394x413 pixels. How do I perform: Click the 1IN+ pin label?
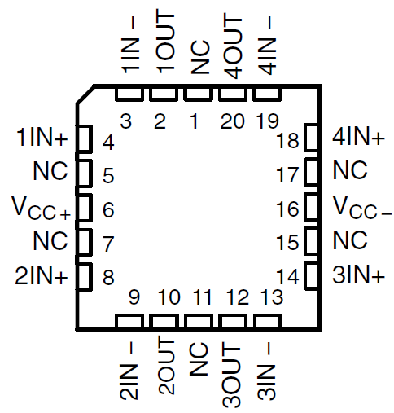(x=42, y=138)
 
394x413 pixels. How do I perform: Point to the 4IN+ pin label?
(x=359, y=138)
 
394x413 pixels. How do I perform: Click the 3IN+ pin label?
(x=359, y=277)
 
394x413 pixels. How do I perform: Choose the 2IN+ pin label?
(x=42, y=277)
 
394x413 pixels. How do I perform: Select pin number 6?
(x=107, y=209)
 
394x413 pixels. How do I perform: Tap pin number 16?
(x=287, y=209)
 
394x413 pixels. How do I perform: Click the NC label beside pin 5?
(x=50, y=172)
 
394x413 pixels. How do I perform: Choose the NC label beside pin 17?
(x=350, y=172)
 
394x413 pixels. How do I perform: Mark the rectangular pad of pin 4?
(x=82, y=138)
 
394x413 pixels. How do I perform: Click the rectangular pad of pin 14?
(x=312, y=276)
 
